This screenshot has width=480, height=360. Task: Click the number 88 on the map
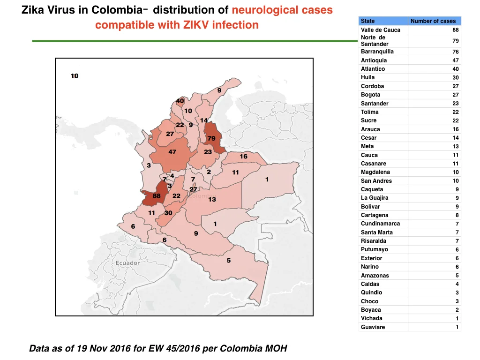click(157, 196)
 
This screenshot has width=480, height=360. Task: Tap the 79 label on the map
click(211, 138)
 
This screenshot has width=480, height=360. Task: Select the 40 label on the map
click(180, 101)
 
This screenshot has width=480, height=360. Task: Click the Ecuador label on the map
click(127, 263)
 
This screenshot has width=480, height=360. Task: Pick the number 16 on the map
click(243, 157)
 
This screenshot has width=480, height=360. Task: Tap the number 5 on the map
click(229, 261)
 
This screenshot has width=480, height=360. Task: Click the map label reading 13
click(212, 200)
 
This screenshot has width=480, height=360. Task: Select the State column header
click(367, 21)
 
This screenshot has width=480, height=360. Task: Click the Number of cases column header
click(433, 21)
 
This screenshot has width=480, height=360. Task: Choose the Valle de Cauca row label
click(381, 30)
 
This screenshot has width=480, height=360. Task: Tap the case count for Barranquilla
click(456, 52)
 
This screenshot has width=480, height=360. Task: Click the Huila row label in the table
click(367, 77)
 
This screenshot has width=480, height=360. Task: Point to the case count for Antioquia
click(456, 60)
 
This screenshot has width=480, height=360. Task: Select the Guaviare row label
click(373, 327)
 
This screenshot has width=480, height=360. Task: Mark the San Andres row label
click(376, 180)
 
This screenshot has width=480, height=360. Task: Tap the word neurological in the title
click(264, 10)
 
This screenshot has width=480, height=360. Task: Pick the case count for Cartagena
click(457, 215)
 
